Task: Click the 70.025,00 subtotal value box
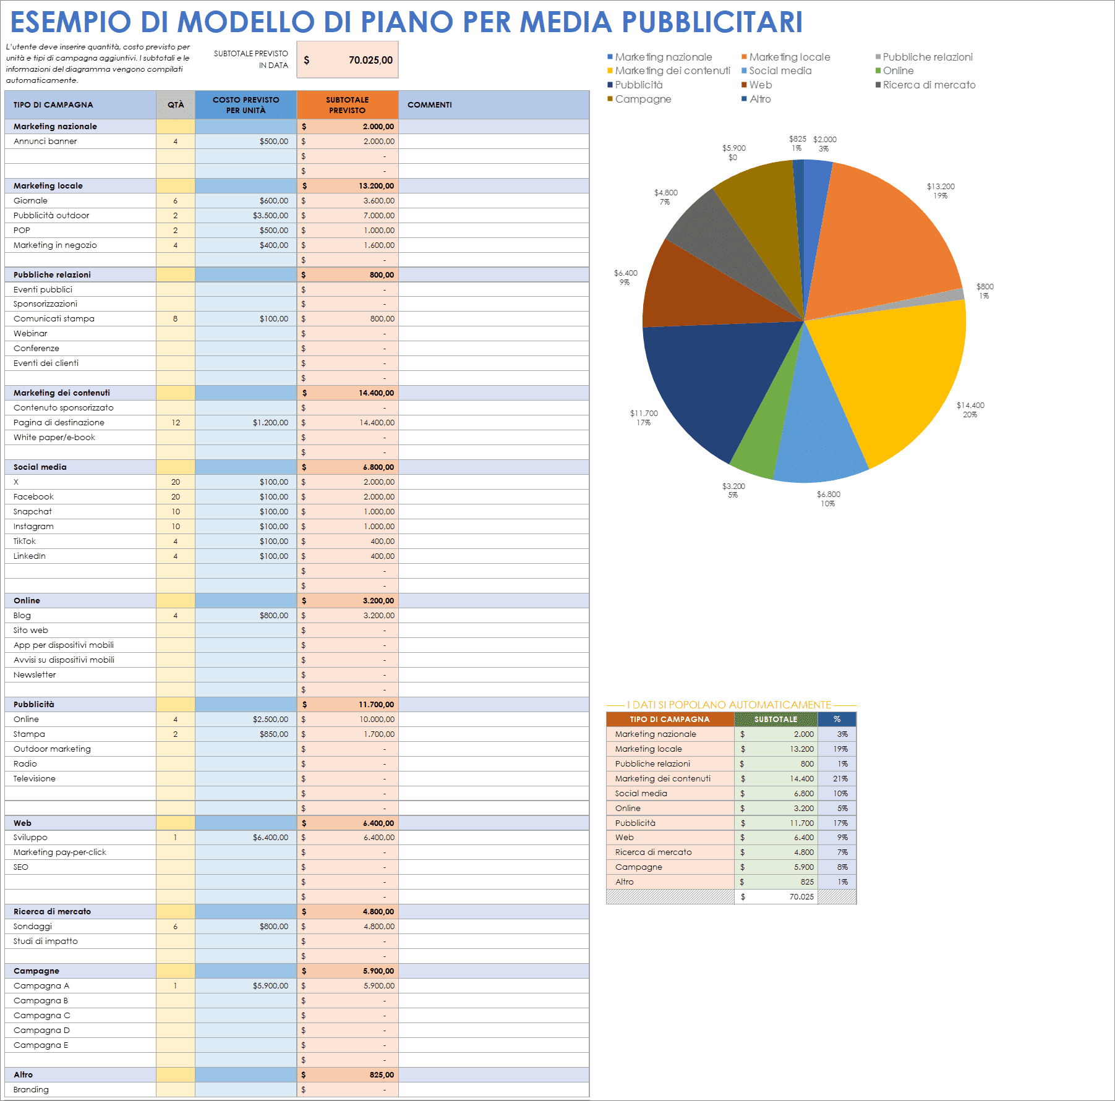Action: tap(348, 60)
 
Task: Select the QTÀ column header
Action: tap(176, 104)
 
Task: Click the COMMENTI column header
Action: tap(430, 104)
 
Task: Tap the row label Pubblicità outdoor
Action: tap(51, 215)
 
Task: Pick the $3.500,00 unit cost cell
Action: tap(270, 215)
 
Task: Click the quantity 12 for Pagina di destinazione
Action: tap(176, 422)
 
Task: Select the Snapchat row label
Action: tap(33, 511)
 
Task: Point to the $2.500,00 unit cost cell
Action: tap(270, 719)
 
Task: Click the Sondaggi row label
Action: tap(33, 926)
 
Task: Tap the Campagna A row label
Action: tap(41, 985)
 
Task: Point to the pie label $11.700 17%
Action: tap(644, 418)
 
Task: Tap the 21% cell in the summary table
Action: tap(840, 778)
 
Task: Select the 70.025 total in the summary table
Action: tap(801, 896)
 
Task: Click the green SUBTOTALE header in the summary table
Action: tap(775, 719)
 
